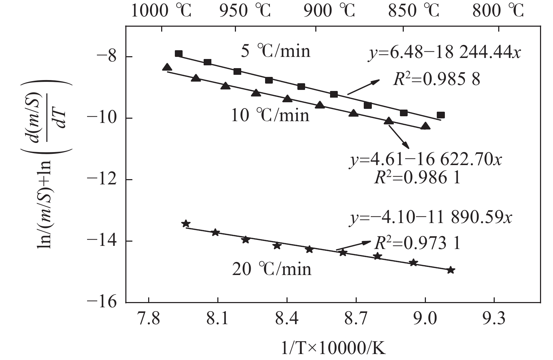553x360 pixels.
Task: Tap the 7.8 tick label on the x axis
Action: pyautogui.click(x=149, y=319)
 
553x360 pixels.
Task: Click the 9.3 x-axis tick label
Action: pyautogui.click(x=494, y=319)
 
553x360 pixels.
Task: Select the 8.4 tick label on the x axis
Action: pyautogui.click(x=287, y=319)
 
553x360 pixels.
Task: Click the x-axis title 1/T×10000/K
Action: pyautogui.click(x=333, y=349)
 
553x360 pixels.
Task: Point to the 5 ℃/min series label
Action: pyautogui.click(x=276, y=51)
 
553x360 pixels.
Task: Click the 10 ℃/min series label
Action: pyautogui.click(x=270, y=115)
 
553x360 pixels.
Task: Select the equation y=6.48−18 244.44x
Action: pyautogui.click(x=444, y=54)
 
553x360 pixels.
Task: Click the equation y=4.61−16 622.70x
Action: pyautogui.click(x=426, y=160)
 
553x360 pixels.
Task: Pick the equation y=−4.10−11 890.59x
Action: pyautogui.click(x=431, y=217)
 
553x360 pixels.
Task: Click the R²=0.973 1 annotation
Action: pyautogui.click(x=417, y=243)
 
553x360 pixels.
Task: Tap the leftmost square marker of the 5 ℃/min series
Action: pyautogui.click(x=178, y=54)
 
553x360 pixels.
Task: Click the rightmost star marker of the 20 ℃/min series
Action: pyautogui.click(x=451, y=270)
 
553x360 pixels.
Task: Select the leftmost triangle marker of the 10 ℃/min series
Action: pyautogui.click(x=167, y=67)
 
